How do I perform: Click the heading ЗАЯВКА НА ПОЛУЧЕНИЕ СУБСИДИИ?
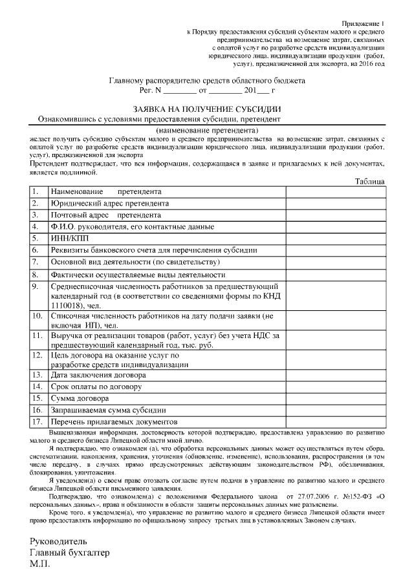pyautogui.click(x=207, y=109)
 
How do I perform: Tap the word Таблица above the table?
pyautogui.click(x=369, y=182)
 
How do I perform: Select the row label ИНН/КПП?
pyautogui.click(x=67, y=239)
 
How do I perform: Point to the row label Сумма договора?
pyautogui.click(x=84, y=398)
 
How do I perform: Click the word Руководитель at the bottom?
pyautogui.click(x=58, y=540)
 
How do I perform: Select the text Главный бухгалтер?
pyautogui.click(x=70, y=553)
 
